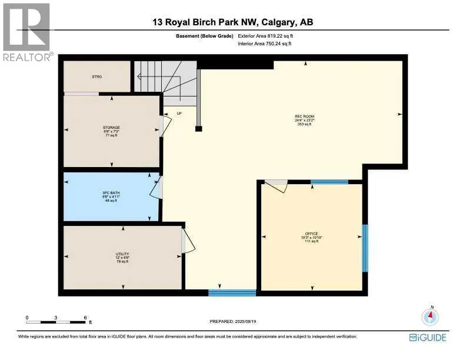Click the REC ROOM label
[x=303, y=116]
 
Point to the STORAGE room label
[x=111, y=128]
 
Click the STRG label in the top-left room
[x=96, y=76]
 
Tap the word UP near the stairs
[x=179, y=113]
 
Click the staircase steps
[x=164, y=76]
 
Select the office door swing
[x=275, y=185]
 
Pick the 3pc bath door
[x=157, y=188]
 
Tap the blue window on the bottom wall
[x=232, y=292]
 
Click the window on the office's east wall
[x=365, y=248]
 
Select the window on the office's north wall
[x=329, y=182]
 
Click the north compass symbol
[x=431, y=316]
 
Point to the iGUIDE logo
[x=428, y=338]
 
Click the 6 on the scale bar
[x=85, y=317]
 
